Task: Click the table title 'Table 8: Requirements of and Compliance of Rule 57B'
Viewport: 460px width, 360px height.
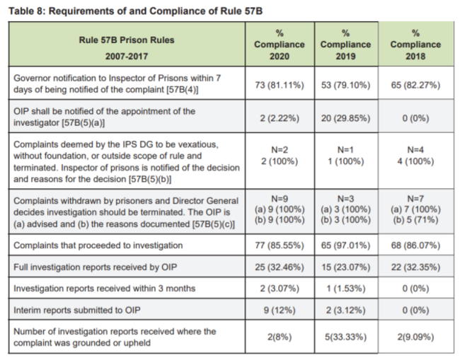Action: [129, 11]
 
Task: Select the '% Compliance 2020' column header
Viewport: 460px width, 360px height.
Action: [280, 44]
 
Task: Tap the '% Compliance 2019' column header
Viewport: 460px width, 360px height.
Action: [345, 44]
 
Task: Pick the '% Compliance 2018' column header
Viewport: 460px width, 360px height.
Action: [415, 44]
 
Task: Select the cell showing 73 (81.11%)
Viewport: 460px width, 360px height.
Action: [280, 85]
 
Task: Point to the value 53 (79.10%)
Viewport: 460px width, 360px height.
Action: [345, 85]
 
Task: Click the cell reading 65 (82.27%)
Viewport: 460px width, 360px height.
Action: [415, 85]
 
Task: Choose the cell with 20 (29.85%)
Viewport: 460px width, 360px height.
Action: [345, 117]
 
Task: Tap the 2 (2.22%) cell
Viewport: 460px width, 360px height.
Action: [280, 117]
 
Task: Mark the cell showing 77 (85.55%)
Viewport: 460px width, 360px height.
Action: [280, 245]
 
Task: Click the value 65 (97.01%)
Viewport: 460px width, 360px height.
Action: [345, 245]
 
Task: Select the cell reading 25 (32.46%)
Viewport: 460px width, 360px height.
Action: [280, 269]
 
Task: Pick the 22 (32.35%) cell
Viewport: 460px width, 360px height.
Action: [415, 269]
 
